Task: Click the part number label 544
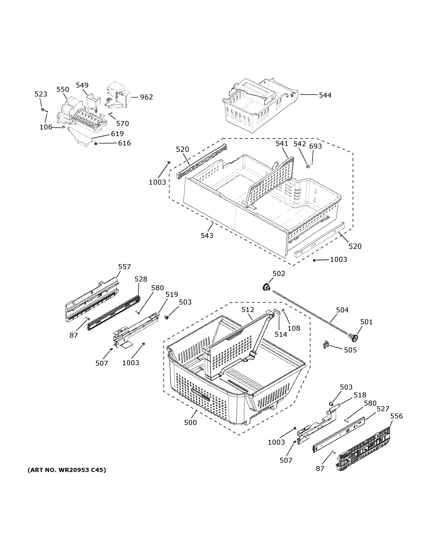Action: coord(325,95)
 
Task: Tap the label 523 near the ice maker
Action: coord(41,94)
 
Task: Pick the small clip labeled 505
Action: coord(326,345)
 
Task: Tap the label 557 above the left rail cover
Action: coord(124,267)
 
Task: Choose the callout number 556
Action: coord(396,416)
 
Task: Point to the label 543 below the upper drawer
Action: coord(207,236)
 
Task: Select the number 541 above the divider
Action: coord(282,144)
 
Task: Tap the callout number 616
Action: coord(124,143)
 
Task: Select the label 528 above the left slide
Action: coord(141,279)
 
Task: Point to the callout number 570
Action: coord(122,124)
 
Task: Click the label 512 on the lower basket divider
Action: coord(248,310)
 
